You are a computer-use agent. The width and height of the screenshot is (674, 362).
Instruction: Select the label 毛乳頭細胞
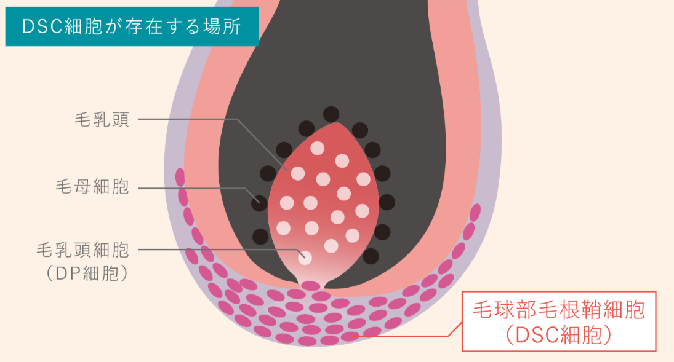click(82, 250)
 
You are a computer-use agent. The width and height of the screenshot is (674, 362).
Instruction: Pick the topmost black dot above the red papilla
click(331, 114)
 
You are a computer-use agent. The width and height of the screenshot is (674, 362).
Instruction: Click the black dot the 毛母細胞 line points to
click(259, 201)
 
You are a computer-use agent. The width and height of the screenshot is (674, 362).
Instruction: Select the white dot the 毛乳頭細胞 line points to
click(305, 259)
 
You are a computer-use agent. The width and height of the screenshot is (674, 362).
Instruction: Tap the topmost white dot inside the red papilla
click(317, 148)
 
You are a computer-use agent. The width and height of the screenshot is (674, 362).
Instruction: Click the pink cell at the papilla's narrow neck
click(311, 285)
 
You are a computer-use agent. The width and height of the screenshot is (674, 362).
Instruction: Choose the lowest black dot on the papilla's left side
click(260, 236)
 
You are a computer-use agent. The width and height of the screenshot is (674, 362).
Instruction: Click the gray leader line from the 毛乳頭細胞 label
click(215, 250)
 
